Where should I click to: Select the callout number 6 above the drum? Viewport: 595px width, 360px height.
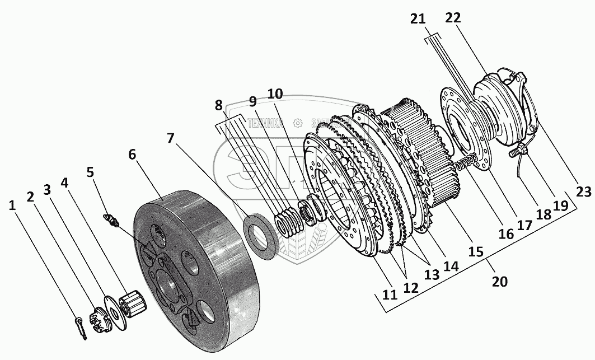132,155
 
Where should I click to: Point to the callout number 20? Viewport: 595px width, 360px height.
499,281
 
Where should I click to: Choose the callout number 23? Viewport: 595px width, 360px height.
583,192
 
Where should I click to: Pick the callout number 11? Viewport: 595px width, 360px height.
390,293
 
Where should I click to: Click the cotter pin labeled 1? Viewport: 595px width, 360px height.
81,328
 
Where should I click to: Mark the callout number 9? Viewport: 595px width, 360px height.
252,101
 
